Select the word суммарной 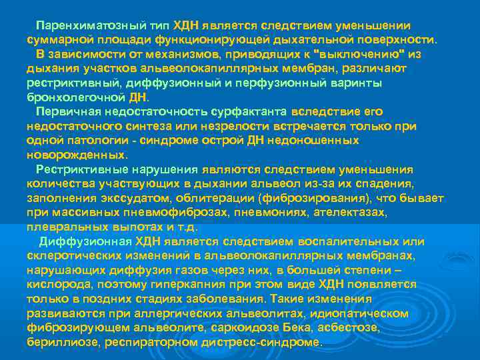[x=54, y=39]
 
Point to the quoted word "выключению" [x=366, y=53]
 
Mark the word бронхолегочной [x=72, y=97]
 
